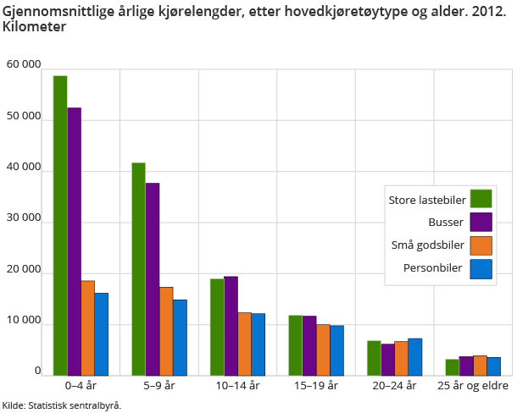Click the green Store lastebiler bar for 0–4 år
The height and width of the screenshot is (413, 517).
click(x=60, y=226)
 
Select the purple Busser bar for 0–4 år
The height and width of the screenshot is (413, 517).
click(x=74, y=242)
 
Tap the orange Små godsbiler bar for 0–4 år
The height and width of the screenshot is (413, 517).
click(x=87, y=328)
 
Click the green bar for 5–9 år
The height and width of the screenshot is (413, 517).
click(x=138, y=269)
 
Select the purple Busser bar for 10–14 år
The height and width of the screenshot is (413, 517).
click(x=231, y=326)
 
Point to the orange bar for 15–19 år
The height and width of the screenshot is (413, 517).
click(x=323, y=350)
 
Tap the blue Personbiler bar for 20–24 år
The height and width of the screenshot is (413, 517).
click(x=415, y=357)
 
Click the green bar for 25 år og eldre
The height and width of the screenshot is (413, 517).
click(x=453, y=367)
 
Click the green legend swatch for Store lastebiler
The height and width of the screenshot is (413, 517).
click(x=481, y=199)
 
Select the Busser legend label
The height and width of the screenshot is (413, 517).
click(x=446, y=223)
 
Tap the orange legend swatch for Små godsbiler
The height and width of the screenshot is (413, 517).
click(x=481, y=245)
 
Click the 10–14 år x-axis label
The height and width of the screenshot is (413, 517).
click(x=237, y=385)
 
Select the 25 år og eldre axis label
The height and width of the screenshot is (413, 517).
click(x=473, y=385)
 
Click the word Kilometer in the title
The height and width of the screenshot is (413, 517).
click(x=35, y=26)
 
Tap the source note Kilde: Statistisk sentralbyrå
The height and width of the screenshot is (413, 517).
click(x=61, y=405)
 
